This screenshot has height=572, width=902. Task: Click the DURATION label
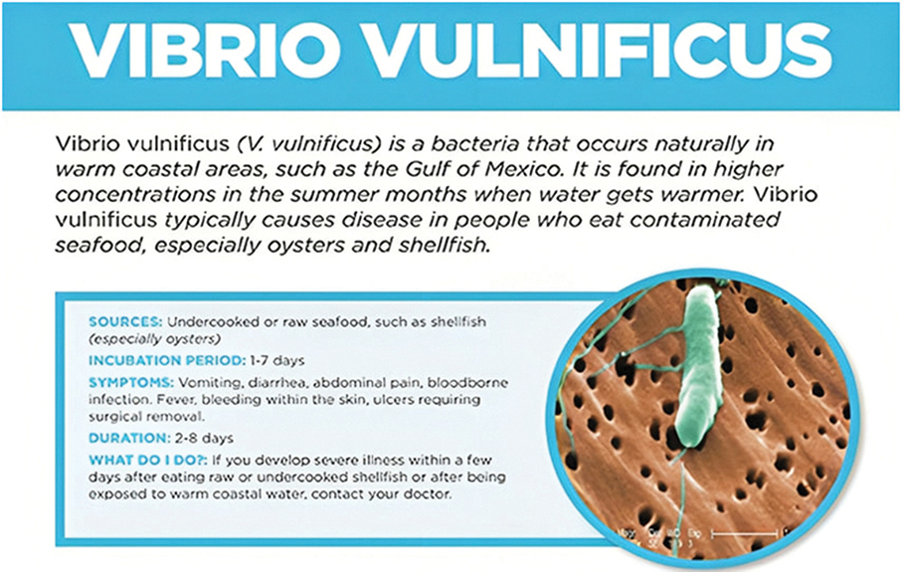click(x=127, y=437)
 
